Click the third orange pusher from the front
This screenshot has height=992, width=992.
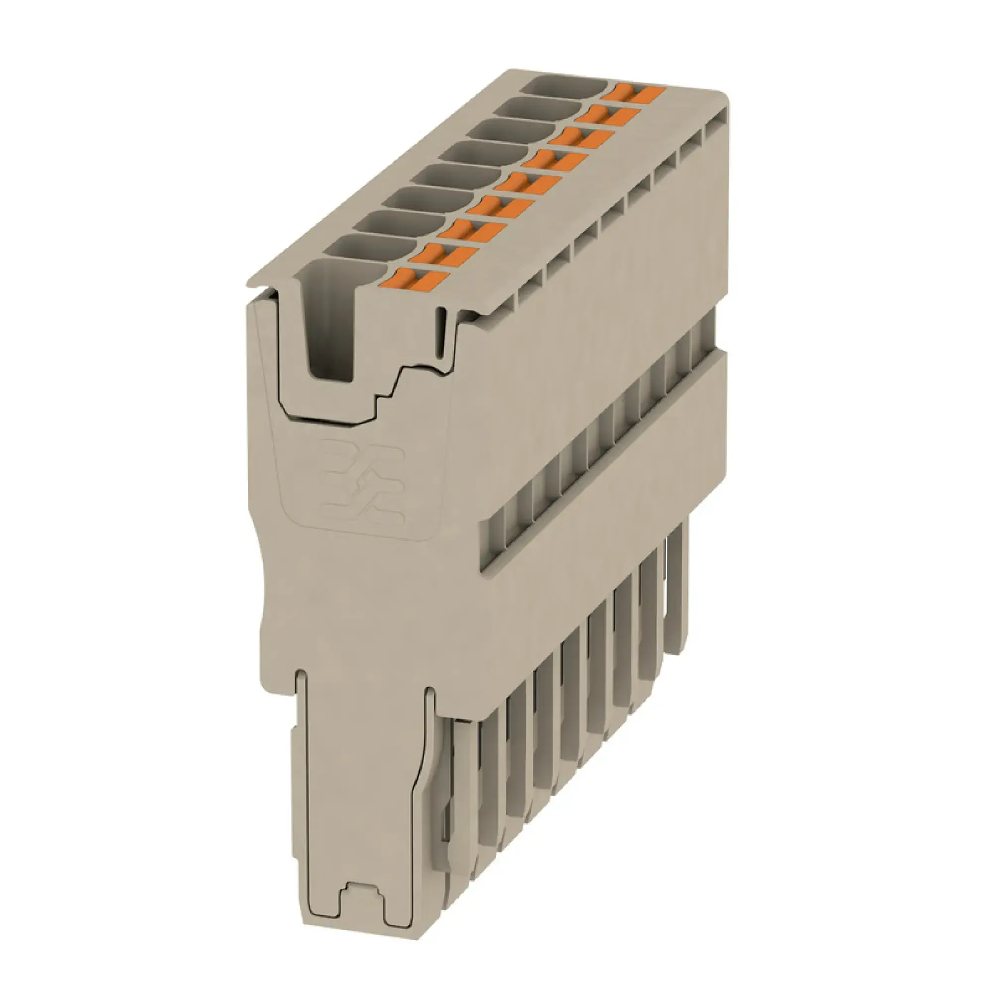pyautogui.click(x=471, y=232)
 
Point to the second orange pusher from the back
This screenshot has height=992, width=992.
pyautogui.click(x=608, y=115)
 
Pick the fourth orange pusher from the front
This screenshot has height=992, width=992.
pyautogui.click(x=497, y=208)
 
